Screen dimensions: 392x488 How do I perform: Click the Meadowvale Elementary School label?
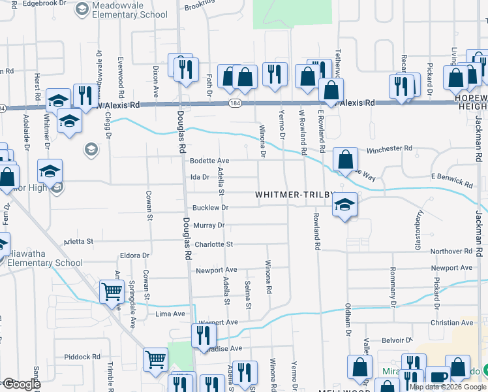(x=129, y=10)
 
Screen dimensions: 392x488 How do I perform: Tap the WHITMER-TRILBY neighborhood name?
(x=294, y=195)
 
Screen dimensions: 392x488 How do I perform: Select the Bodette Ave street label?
(x=209, y=161)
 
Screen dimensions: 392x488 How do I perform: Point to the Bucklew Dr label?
(x=210, y=208)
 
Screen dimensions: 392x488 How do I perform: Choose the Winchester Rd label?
(x=389, y=149)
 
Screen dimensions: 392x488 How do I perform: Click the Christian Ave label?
(x=451, y=323)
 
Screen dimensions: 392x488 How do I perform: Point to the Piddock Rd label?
(x=82, y=357)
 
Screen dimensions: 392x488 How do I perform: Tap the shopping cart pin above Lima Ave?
(x=112, y=291)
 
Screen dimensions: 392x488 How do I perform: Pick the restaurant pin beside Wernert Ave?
(x=204, y=335)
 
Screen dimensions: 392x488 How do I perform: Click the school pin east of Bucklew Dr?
(x=344, y=205)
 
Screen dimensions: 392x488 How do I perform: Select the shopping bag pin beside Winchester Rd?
(x=346, y=159)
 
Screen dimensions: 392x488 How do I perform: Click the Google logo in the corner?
(x=21, y=384)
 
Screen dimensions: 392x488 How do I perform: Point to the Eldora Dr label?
(x=135, y=255)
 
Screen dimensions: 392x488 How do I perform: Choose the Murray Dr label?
(x=209, y=225)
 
